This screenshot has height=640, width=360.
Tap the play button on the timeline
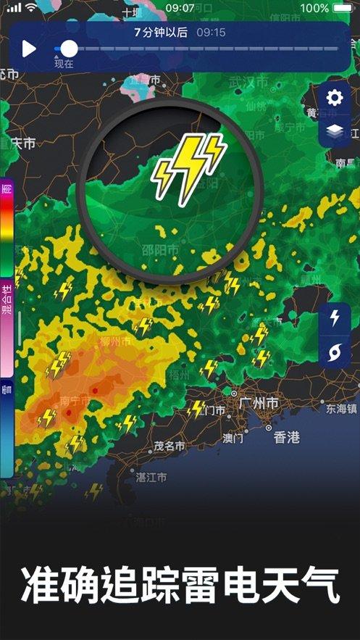click(x=29, y=49)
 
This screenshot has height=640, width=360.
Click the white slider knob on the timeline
click(x=69, y=49)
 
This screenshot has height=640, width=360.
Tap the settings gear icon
click(x=334, y=98)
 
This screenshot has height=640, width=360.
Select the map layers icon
click(x=334, y=131)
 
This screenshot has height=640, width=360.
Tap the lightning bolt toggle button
click(x=334, y=318)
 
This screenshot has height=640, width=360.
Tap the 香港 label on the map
click(x=287, y=437)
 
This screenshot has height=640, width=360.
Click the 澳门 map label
click(x=233, y=438)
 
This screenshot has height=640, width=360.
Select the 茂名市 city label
click(x=170, y=446)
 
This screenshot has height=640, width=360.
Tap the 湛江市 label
click(x=151, y=477)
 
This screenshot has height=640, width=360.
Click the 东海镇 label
click(x=340, y=408)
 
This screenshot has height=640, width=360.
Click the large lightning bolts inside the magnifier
click(x=188, y=165)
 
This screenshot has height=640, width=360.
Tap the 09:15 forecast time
click(x=211, y=32)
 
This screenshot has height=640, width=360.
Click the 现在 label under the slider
click(x=64, y=64)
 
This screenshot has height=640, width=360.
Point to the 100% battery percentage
click(x=314, y=7)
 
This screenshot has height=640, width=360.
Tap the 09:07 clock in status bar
click(x=180, y=7)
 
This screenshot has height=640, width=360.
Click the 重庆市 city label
click(x=19, y=143)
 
